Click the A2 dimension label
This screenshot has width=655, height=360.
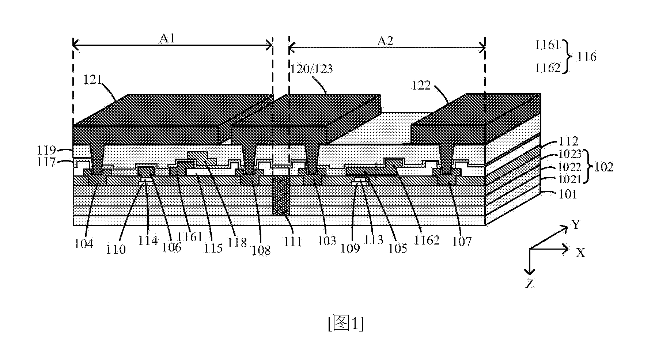(x=385, y=41)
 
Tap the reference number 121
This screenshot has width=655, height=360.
(x=92, y=80)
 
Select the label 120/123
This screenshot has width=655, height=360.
(x=311, y=69)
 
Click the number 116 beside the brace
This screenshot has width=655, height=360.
(x=587, y=57)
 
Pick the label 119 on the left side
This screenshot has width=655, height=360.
(x=46, y=150)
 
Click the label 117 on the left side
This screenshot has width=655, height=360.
(x=46, y=162)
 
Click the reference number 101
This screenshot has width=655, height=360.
(x=568, y=194)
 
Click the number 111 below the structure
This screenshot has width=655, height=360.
(x=294, y=241)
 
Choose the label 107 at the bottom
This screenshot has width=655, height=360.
(x=462, y=241)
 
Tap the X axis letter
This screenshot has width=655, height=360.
(x=580, y=253)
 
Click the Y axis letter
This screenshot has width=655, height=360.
(x=576, y=225)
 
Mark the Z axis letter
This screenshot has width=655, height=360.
(x=530, y=284)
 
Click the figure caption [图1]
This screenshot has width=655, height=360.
(x=346, y=323)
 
